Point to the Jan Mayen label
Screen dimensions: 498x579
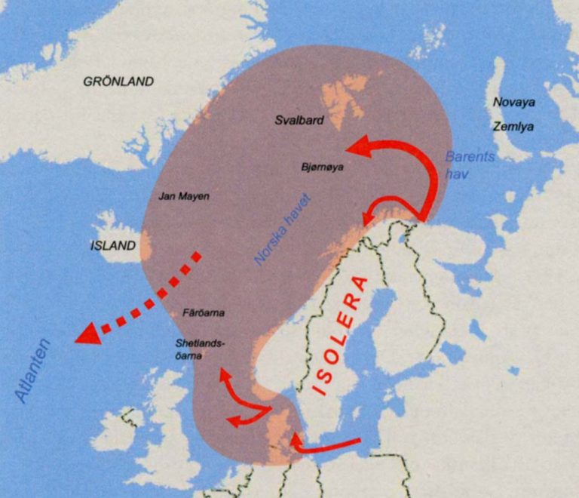click(184, 196)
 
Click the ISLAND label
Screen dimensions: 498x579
click(113, 246)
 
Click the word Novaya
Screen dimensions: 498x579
click(513, 102)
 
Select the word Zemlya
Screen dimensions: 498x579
click(513, 127)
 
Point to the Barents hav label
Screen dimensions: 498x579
click(469, 165)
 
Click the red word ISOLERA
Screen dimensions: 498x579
click(343, 336)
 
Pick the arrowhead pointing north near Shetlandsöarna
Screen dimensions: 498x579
click(223, 373)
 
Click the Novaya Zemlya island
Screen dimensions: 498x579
click(501, 113)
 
